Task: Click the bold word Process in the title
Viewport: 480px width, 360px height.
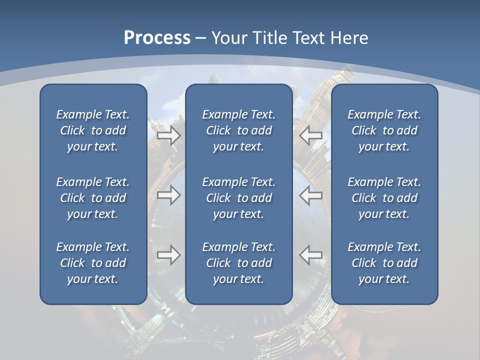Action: click(x=157, y=38)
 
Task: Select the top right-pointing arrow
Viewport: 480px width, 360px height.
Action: click(x=169, y=135)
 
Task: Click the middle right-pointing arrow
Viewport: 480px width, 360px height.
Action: click(x=169, y=195)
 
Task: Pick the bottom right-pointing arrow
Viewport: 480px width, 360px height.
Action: click(x=169, y=255)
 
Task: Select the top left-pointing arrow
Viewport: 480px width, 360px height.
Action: click(x=311, y=135)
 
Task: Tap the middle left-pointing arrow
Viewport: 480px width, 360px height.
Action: click(x=311, y=195)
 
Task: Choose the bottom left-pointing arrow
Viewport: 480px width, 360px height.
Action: click(x=311, y=255)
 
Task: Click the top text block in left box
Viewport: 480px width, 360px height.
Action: click(x=93, y=130)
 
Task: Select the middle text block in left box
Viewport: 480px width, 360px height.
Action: click(x=93, y=198)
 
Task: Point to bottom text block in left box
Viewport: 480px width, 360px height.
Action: click(x=93, y=263)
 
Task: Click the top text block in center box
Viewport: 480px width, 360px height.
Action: click(x=239, y=130)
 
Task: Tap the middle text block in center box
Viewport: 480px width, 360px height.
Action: click(x=239, y=198)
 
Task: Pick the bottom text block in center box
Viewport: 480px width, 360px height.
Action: click(x=239, y=263)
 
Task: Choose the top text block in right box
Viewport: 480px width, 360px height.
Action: click(x=384, y=130)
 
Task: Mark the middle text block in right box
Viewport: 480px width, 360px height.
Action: click(x=384, y=198)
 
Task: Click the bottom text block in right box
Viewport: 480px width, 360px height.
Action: click(x=384, y=263)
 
